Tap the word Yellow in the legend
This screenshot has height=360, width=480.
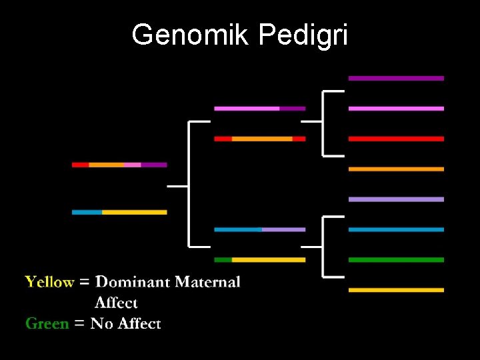pos(49,282)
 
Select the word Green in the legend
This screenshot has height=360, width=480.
pos(47,324)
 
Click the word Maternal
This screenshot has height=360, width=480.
pos(207,282)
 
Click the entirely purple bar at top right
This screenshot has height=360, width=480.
pos(396,78)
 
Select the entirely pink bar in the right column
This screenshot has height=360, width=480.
pos(396,109)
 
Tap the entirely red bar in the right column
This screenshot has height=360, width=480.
pos(396,139)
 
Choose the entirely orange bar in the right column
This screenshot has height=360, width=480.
pos(396,169)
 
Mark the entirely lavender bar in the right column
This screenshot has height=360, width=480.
pos(396,199)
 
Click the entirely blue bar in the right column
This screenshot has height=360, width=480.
pos(396,229)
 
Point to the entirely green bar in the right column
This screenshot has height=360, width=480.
pos(396,260)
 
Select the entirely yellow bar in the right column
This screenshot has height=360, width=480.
pos(396,290)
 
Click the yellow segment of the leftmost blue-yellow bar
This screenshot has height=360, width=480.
pos(134,212)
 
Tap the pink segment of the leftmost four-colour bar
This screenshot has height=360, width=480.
pos(132,165)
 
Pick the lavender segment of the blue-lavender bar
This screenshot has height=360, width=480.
pos(283,229)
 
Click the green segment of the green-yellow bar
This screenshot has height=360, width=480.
pos(223,260)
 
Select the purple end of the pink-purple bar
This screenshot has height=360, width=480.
pos(292,109)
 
